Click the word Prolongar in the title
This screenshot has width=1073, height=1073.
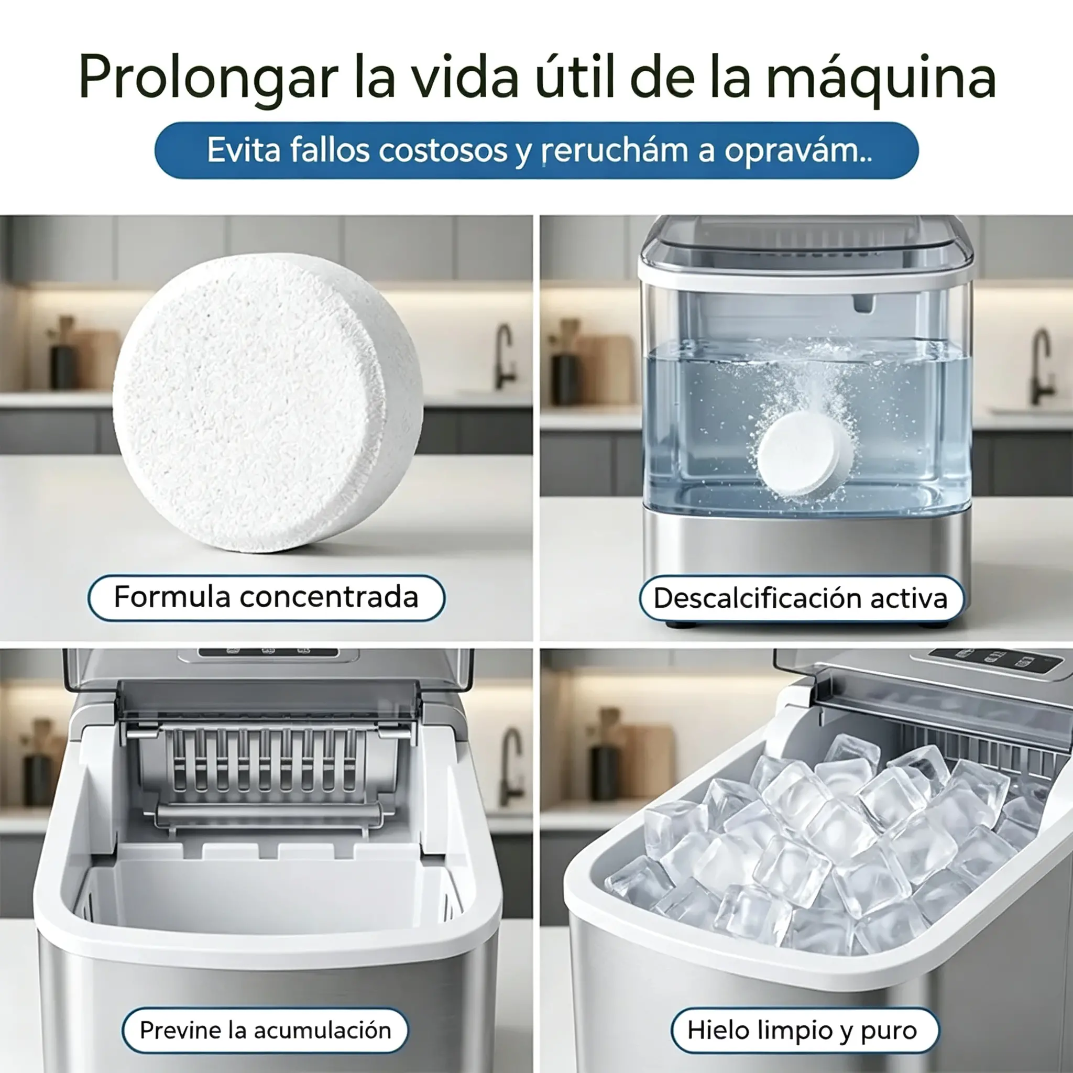209,78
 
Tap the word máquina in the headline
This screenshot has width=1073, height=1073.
881,78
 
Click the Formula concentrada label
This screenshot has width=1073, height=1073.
266,598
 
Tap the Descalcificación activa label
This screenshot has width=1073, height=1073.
801,598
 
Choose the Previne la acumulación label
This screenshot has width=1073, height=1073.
266,1030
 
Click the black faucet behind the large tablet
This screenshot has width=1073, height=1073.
505,355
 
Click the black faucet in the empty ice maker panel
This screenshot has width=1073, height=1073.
510,767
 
